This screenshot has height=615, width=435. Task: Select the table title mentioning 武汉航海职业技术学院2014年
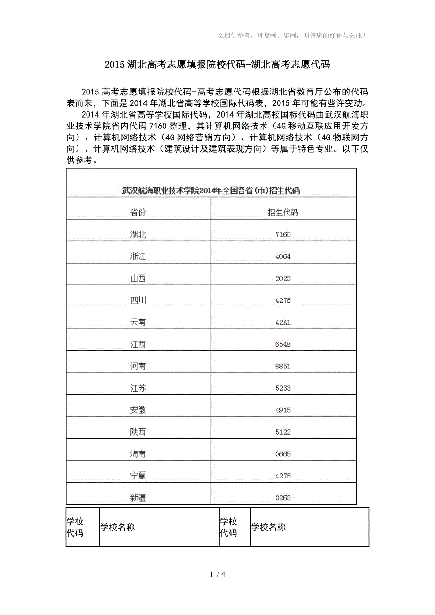(x=211, y=190)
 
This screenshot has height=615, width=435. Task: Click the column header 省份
(x=138, y=213)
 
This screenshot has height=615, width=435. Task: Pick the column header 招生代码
(x=283, y=213)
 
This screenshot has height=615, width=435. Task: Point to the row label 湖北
(x=138, y=234)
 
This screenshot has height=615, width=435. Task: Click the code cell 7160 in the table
(x=283, y=235)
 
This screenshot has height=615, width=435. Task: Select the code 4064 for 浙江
(x=283, y=256)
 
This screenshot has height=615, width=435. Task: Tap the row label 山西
(x=138, y=278)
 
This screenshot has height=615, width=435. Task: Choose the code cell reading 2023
(x=283, y=279)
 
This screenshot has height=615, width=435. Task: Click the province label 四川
(x=138, y=300)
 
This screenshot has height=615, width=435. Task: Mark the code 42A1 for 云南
(x=283, y=322)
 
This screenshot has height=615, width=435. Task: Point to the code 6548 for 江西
(x=283, y=344)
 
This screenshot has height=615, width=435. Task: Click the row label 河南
(x=138, y=366)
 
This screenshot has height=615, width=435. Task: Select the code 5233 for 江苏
(x=283, y=388)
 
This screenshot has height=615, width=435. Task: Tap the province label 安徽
(x=138, y=410)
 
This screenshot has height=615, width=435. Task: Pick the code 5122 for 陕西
(x=283, y=432)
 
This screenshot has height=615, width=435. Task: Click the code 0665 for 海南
(x=283, y=454)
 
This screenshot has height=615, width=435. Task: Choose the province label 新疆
(x=138, y=497)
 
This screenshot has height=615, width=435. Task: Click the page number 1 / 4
(x=217, y=574)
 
